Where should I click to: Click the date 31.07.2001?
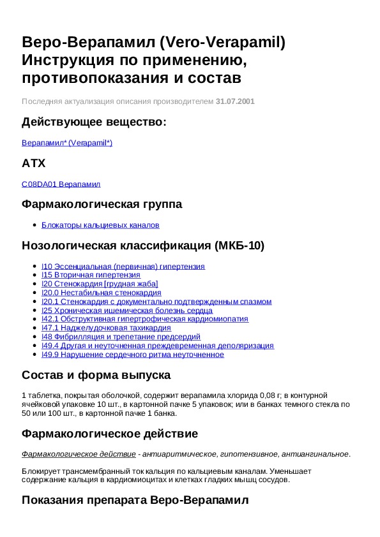pos(236,101)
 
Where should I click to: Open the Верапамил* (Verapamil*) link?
pos(67,143)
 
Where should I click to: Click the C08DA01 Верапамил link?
pos(61,184)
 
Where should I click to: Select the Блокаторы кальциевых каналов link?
pos(100,225)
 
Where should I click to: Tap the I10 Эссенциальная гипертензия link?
pos(123,267)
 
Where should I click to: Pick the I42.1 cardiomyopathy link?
pos(144,319)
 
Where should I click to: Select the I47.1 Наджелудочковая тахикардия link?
pos(105,328)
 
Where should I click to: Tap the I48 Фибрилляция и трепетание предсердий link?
pos(121,337)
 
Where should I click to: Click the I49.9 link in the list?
pos(132,354)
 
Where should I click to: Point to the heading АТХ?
pos(34,163)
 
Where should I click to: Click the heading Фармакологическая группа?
pos(102,204)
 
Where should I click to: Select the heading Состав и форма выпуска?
pos(96,374)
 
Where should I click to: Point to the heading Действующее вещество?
pos(94,122)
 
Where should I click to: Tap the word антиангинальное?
pos(318,454)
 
